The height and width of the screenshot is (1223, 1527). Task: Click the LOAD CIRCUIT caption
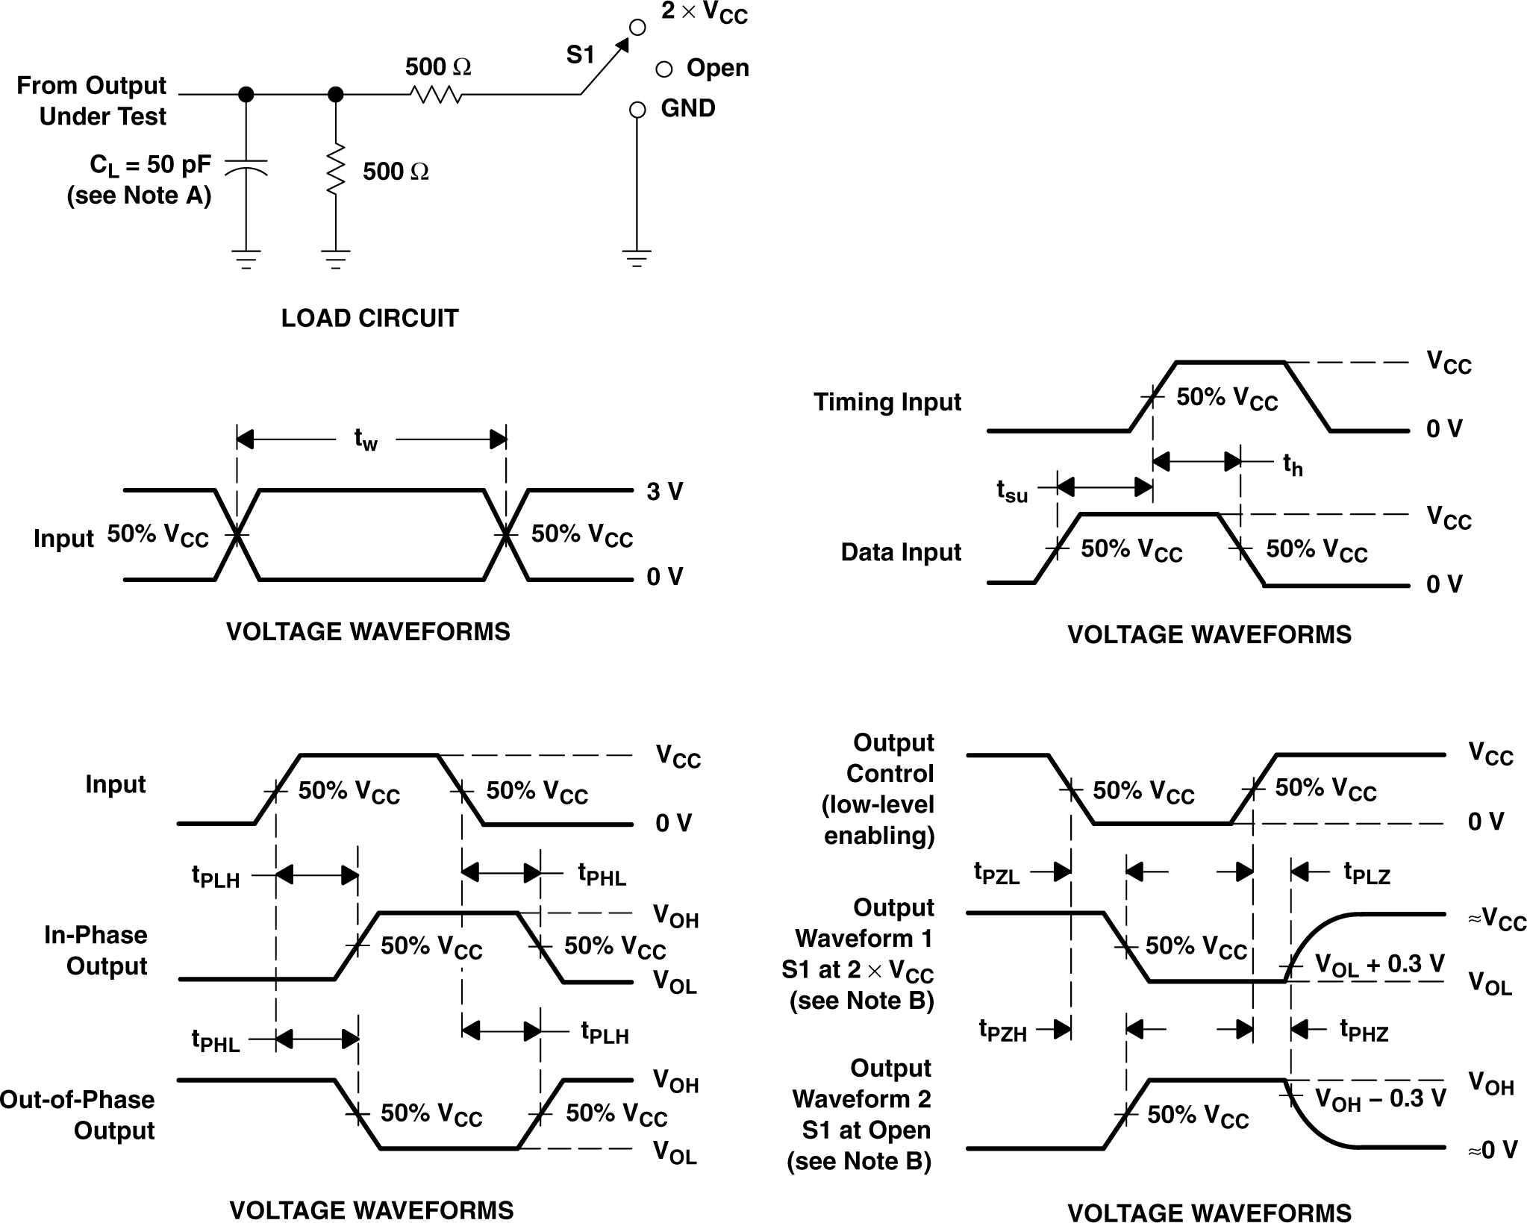pos(369,319)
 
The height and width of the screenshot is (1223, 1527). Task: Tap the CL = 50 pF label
pos(150,165)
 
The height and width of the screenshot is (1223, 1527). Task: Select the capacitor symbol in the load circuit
pos(246,166)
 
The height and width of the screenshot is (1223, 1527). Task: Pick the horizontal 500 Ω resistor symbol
pos(436,95)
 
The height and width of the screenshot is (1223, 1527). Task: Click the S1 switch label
pos(580,55)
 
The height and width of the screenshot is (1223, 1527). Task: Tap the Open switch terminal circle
pos(663,70)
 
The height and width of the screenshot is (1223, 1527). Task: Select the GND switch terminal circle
pos(637,110)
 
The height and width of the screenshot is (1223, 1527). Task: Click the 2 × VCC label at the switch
pos(704,13)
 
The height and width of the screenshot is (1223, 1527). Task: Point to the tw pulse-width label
pos(366,440)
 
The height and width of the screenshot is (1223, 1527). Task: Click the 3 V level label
pos(664,492)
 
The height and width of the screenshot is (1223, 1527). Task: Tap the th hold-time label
pos(1293,465)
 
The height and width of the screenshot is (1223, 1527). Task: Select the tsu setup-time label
pos(1012,491)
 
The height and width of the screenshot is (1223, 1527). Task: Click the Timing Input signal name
pos(887,402)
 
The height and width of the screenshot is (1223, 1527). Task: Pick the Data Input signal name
pos(900,552)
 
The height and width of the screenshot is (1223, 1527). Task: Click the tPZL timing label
pos(996,872)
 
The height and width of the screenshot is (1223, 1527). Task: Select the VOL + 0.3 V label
pos(1379,965)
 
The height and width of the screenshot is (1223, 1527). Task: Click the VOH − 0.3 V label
pos(1380,1099)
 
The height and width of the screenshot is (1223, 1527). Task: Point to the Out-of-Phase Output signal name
pos(78,1115)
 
